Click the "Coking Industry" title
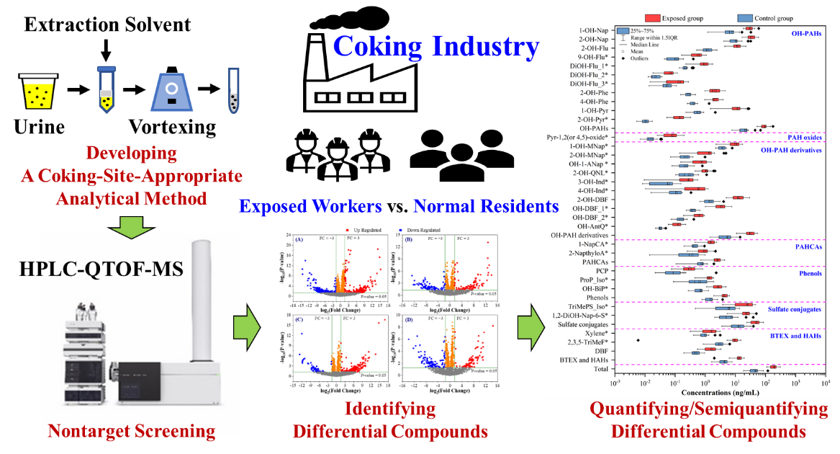[x=436, y=47]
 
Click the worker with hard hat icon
[x=333, y=159]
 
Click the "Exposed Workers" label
[x=310, y=207]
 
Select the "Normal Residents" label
[x=485, y=207]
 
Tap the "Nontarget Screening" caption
[x=132, y=431]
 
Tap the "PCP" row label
[x=602, y=271]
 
